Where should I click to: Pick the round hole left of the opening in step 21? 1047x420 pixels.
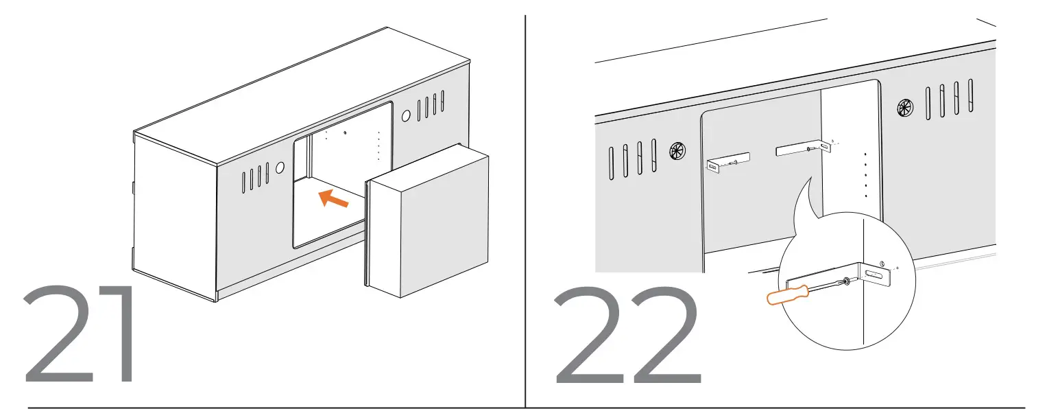(279, 167)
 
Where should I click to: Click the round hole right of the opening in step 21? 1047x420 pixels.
(406, 116)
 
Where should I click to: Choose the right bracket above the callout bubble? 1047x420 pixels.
(802, 149)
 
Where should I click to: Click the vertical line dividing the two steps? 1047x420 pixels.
(525, 206)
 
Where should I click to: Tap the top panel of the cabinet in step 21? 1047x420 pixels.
(302, 96)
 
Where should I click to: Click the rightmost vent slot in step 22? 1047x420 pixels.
(970, 95)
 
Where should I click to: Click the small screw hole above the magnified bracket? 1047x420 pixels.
(882, 263)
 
